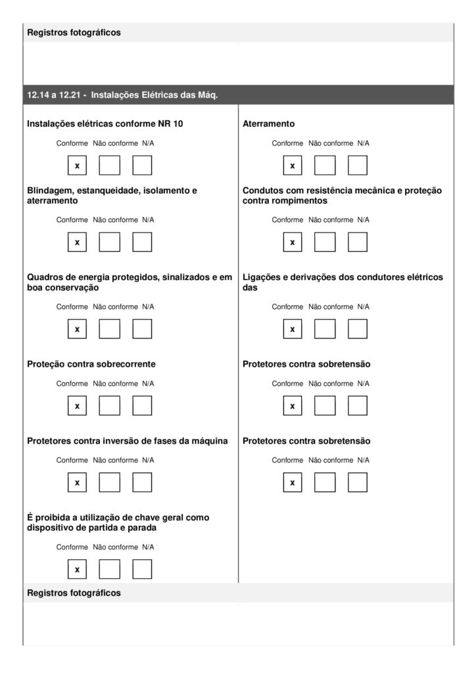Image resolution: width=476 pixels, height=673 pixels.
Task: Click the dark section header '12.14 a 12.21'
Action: pyautogui.click(x=122, y=95)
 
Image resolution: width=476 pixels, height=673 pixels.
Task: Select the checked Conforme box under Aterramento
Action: pyautogui.click(x=293, y=166)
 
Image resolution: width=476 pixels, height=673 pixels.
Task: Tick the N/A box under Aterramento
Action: pyautogui.click(x=358, y=166)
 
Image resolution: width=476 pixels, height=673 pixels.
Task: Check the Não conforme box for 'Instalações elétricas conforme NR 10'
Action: pyautogui.click(x=109, y=166)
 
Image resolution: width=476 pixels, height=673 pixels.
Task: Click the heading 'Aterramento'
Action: pyautogui.click(x=268, y=124)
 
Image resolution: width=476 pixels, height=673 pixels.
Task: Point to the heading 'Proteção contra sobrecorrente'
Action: pyautogui.click(x=91, y=364)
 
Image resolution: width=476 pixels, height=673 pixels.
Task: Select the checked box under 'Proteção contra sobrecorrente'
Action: pyautogui.click(x=77, y=406)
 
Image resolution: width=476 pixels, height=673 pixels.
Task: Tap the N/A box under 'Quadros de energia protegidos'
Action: pyautogui.click(x=142, y=329)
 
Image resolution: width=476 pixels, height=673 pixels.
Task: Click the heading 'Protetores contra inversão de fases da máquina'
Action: pyautogui.click(x=128, y=441)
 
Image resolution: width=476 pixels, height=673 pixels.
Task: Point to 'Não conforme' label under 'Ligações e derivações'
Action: pyautogui.click(x=331, y=307)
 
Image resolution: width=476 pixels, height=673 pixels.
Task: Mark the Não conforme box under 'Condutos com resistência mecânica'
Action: pyautogui.click(x=325, y=243)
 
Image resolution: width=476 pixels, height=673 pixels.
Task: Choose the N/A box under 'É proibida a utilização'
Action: pyautogui.click(x=142, y=569)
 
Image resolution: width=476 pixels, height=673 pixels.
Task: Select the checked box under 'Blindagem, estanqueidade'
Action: pyautogui.click(x=77, y=243)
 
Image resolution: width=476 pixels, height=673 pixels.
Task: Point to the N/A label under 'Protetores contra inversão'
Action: pyautogui.click(x=148, y=460)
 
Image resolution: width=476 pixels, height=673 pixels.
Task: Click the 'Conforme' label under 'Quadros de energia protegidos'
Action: pyautogui.click(x=72, y=307)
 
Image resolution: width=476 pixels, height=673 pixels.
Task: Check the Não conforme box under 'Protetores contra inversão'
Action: pyautogui.click(x=109, y=483)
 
